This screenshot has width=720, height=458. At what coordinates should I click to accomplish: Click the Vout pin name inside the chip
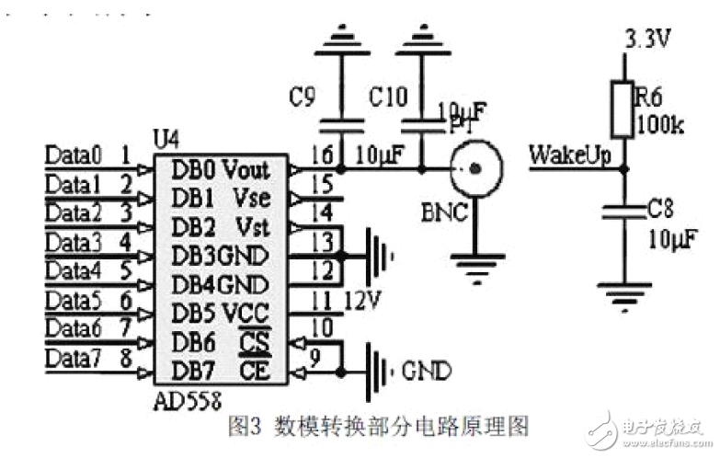246,168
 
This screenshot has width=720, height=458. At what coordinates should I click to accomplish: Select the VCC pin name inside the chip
246,312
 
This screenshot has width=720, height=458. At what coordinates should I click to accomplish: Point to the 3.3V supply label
648,40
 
